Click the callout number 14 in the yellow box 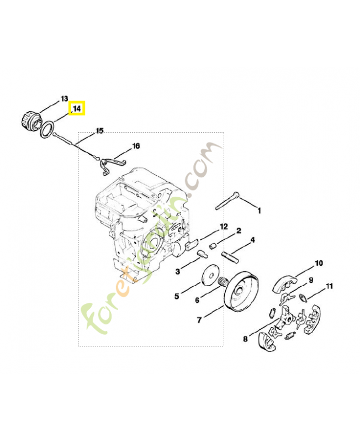[x=76, y=109]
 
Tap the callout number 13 [x=64, y=98]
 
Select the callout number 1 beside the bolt [x=260, y=210]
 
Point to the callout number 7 [x=199, y=319]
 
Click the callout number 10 [x=319, y=262]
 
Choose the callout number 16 [x=135, y=146]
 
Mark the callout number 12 [x=223, y=227]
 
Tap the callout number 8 [x=245, y=338]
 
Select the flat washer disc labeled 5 [x=210, y=276]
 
